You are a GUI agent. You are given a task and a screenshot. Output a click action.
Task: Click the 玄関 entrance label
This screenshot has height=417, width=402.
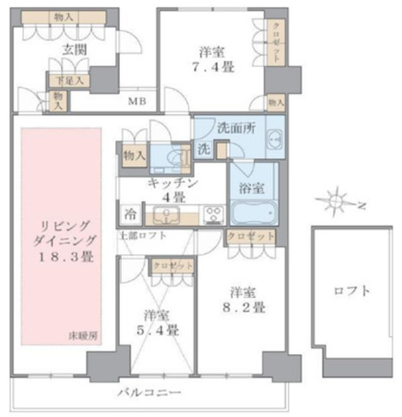[x=71, y=49]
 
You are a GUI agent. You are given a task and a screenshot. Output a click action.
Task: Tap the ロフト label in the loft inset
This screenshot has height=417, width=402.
[x=352, y=291]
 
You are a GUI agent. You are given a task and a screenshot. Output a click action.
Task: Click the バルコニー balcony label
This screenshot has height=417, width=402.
[x=150, y=393]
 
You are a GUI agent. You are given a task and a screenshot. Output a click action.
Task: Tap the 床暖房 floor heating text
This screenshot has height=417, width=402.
[x=83, y=335]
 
